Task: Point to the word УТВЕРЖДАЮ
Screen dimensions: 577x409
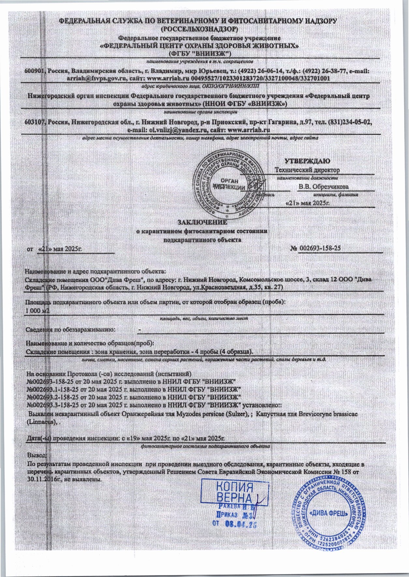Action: tap(307, 161)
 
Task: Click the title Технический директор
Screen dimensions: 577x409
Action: tap(307, 170)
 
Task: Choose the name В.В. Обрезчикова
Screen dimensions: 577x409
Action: tap(323, 187)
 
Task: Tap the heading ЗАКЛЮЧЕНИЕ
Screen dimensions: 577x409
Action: tap(202, 222)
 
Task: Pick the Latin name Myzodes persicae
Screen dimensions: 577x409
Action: tap(193, 414)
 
